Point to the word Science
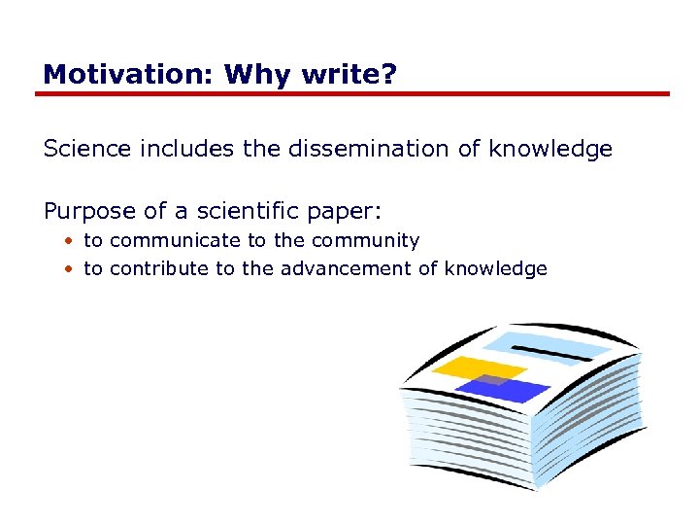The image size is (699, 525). pyautogui.click(x=86, y=149)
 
